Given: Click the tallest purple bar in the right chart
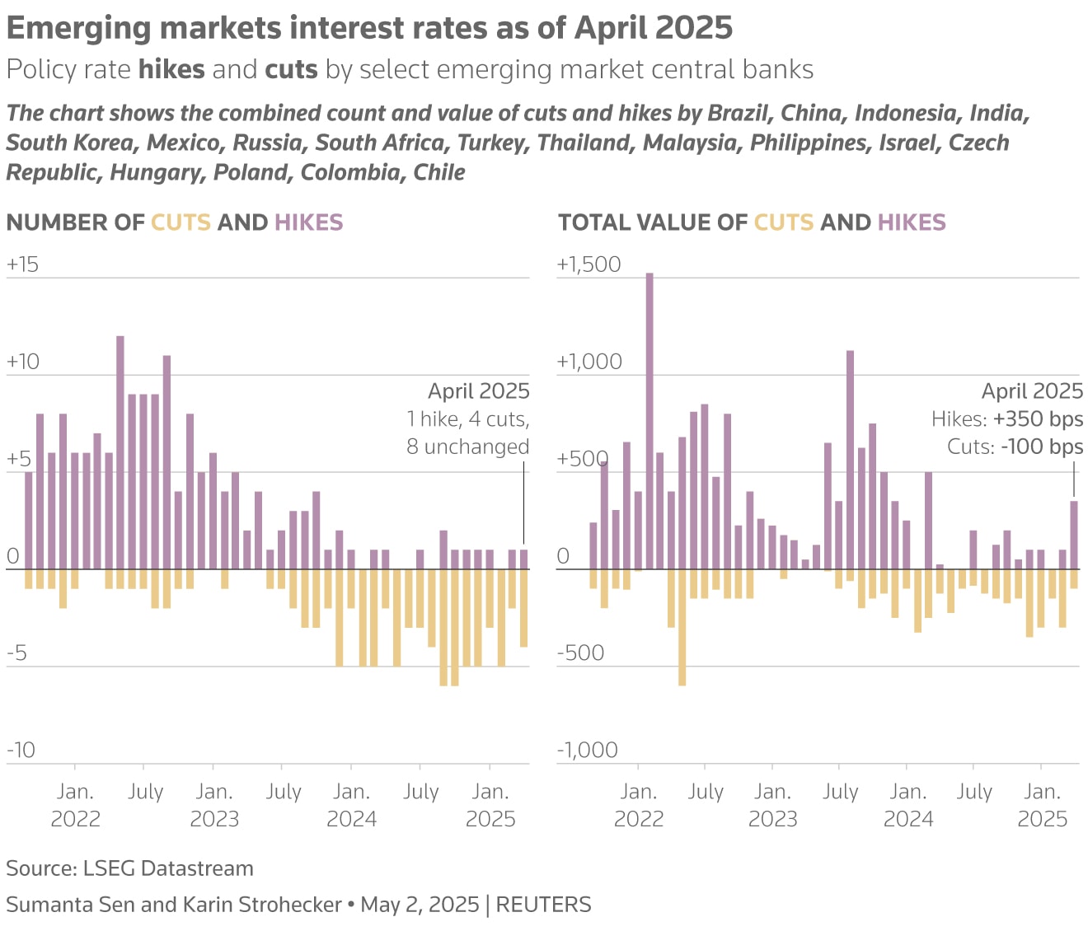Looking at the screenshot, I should click(x=650, y=420).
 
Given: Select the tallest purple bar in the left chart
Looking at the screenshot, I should click(x=120, y=452).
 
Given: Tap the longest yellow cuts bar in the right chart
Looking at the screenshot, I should click(x=682, y=627).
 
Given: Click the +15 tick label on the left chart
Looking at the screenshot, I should click(x=22, y=264).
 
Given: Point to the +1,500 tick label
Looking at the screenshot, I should click(x=589, y=264).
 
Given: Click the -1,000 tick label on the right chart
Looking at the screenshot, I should click(x=587, y=750).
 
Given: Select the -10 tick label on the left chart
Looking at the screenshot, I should click(x=21, y=750).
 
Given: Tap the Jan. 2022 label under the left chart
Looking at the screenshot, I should click(x=75, y=805).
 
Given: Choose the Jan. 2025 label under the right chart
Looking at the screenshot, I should click(x=1042, y=805).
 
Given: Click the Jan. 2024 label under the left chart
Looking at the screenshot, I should click(x=352, y=805).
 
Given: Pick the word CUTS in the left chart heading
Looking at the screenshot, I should click(x=181, y=222).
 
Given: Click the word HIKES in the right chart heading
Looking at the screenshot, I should click(x=912, y=222).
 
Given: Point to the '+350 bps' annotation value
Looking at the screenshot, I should click(x=1038, y=419).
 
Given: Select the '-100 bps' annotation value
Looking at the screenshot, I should click(x=1042, y=447).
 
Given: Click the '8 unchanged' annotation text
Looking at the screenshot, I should click(x=467, y=447).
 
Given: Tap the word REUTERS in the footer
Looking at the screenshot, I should click(x=543, y=905).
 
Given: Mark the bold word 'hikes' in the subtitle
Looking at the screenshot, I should click(x=171, y=69).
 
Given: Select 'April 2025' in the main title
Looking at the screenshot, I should click(x=653, y=28).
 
